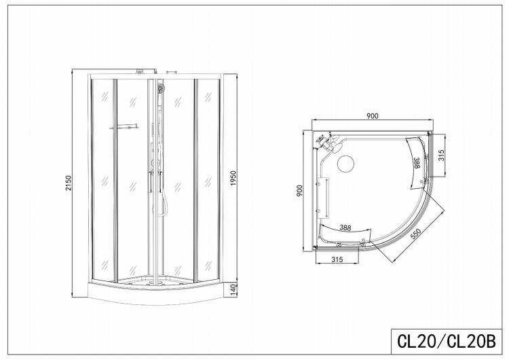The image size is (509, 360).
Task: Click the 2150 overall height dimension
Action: point(68,183)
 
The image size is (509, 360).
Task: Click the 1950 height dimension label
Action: point(233,178)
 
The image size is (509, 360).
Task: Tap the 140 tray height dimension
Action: point(233,289)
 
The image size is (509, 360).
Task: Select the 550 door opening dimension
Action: point(415,234)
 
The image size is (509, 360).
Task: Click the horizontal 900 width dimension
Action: point(373,115)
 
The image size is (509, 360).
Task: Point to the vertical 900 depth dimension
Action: point(299,190)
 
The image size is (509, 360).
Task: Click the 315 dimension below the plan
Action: point(337,259)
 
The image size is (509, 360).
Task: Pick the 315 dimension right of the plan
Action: point(441,156)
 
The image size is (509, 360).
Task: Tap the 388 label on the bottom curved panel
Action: point(345,228)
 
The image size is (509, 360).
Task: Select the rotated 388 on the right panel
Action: point(417,162)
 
